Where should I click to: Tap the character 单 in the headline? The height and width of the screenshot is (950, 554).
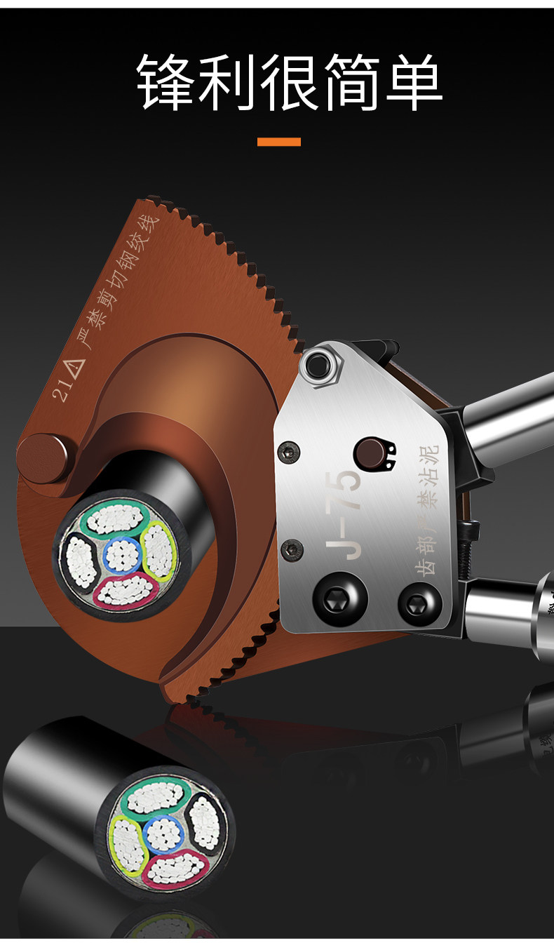(x=414, y=81)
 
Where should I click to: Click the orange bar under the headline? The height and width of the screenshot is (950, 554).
(x=279, y=142)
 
